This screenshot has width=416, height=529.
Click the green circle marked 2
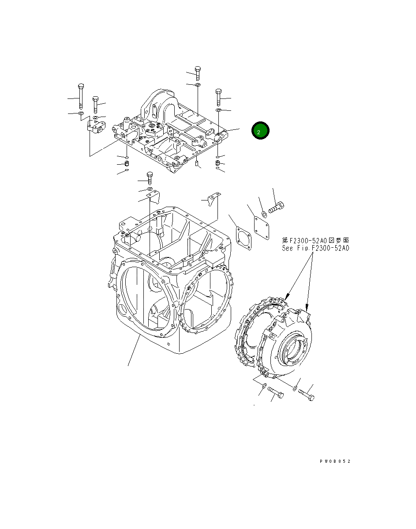(260, 131)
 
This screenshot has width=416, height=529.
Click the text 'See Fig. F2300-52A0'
(315, 248)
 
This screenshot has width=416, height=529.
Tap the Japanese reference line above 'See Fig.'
(315, 240)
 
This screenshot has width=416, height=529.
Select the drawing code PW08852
(335, 461)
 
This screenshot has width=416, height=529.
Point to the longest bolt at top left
(81, 95)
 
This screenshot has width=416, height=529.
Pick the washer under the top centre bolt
(198, 84)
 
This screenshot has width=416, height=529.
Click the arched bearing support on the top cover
(159, 106)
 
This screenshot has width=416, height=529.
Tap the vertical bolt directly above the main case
(150, 178)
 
